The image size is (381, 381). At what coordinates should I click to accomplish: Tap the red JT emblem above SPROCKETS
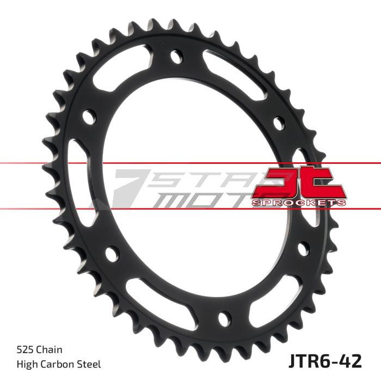300,183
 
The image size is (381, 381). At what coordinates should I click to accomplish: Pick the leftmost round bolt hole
89,115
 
